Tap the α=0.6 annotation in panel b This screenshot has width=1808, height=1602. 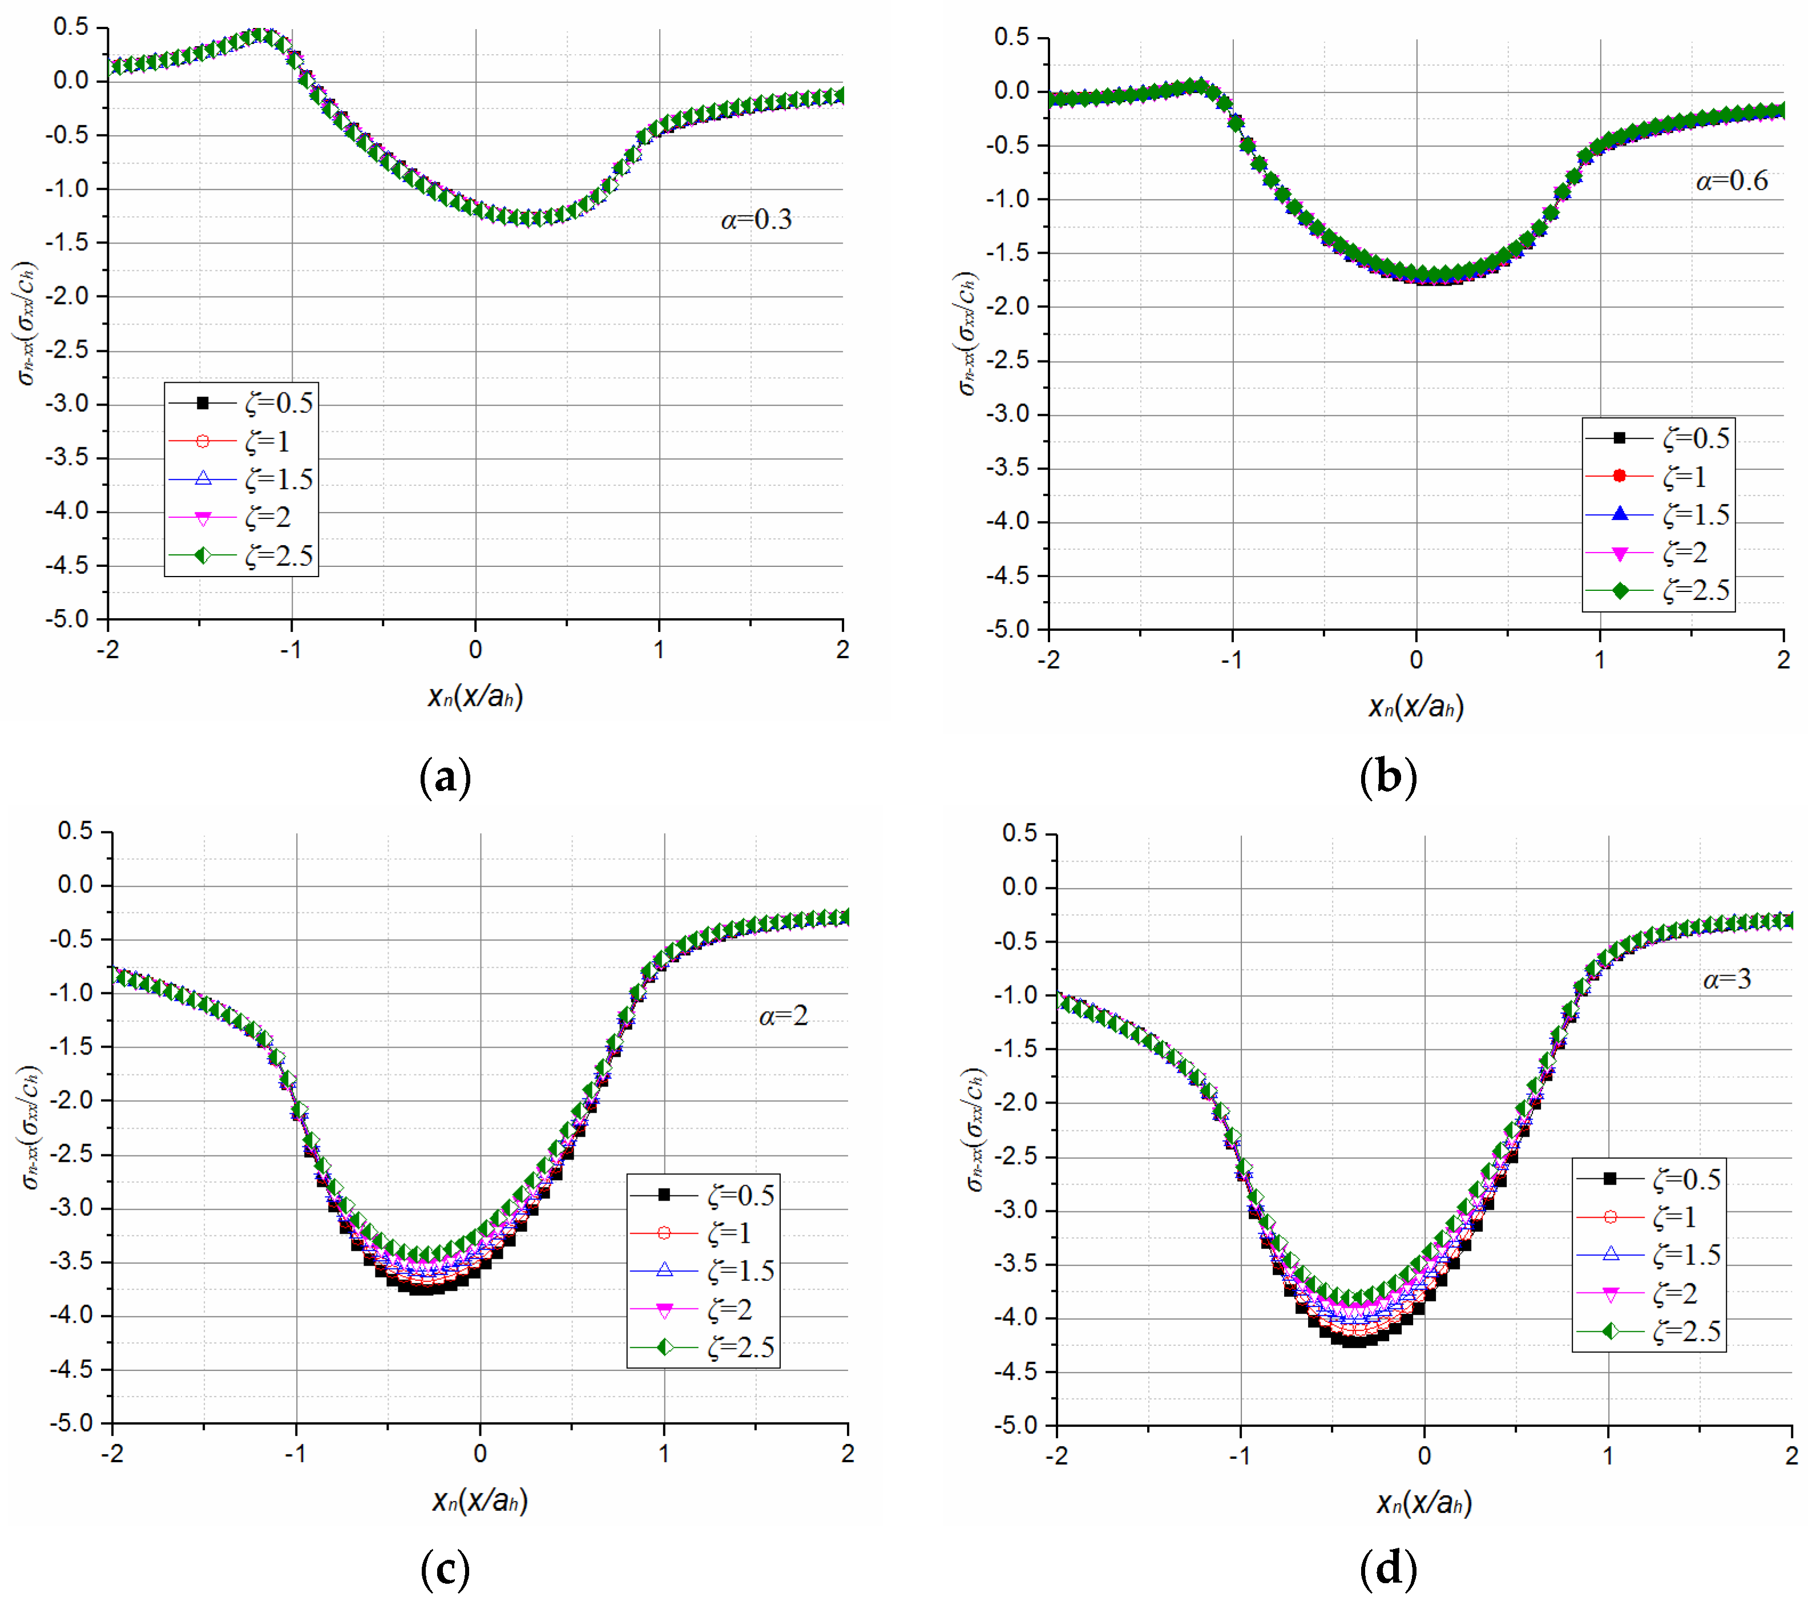click(x=1731, y=181)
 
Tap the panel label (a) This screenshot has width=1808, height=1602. click(x=445, y=777)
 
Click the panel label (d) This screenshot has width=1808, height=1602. click(x=1388, y=1568)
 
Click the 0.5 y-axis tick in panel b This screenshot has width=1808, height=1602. click(x=1012, y=37)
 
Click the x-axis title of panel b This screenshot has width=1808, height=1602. click(x=1416, y=707)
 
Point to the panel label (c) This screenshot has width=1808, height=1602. click(x=445, y=1568)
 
